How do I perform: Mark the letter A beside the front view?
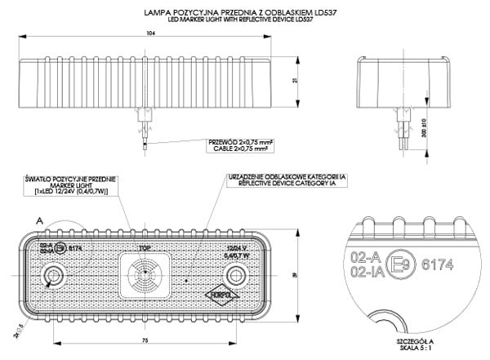tap(39, 220)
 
